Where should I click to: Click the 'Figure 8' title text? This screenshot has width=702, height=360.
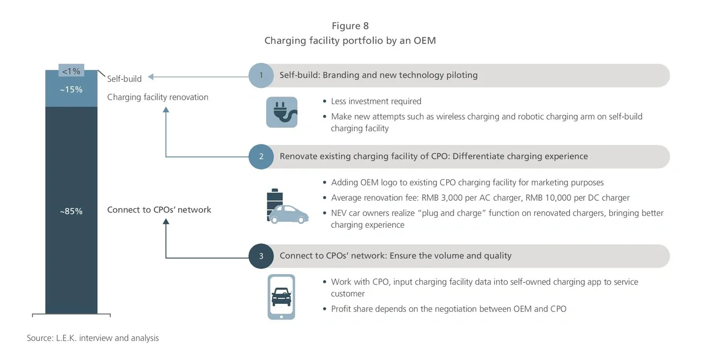tap(350, 26)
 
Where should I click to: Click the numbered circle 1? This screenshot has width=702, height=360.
tap(261, 76)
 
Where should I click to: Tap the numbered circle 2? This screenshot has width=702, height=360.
tap(261, 157)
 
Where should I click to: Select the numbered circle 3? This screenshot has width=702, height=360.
tap(261, 256)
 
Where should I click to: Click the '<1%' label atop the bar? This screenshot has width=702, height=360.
tap(71, 71)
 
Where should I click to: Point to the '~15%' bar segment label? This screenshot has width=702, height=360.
tap(71, 90)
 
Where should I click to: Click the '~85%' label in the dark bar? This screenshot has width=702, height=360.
tap(71, 211)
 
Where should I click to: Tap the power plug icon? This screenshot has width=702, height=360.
tap(281, 112)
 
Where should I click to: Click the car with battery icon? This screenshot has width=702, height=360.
tap(286, 206)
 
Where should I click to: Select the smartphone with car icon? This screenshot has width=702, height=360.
tap(281, 297)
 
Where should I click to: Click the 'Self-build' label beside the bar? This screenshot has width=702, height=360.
tap(124, 79)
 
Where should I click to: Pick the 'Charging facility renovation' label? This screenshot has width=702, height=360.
tap(158, 97)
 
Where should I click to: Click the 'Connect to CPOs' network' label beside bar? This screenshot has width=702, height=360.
tap(159, 209)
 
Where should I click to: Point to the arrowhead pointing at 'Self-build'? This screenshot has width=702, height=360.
tap(152, 77)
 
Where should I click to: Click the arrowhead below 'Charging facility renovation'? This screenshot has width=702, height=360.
tap(166, 110)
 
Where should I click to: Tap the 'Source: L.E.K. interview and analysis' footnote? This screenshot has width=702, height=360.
tap(93, 338)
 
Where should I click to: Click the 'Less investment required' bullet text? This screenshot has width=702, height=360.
tap(376, 101)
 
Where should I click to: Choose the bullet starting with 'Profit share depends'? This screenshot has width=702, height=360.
tap(448, 309)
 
